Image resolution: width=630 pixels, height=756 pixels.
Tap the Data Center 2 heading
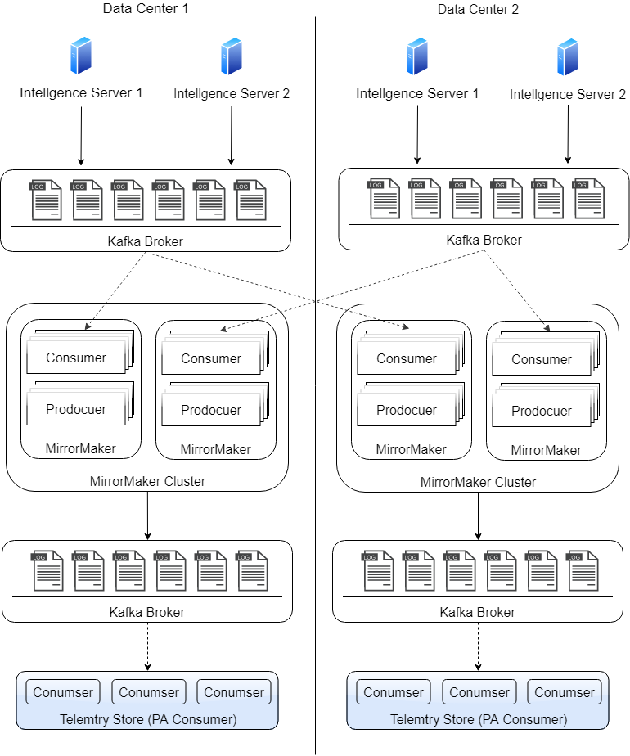click(478, 9)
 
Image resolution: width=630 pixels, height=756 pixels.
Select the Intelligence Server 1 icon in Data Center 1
click(81, 56)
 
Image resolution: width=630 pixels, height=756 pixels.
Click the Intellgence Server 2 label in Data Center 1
click(232, 94)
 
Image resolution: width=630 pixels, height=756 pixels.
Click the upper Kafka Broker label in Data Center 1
click(146, 241)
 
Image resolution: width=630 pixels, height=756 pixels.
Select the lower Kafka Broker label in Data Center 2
click(478, 612)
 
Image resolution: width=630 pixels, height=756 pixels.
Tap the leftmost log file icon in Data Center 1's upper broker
click(47, 200)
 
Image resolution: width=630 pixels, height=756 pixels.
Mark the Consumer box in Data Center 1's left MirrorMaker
click(76, 358)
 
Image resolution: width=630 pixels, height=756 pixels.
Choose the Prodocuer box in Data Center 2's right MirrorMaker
click(541, 411)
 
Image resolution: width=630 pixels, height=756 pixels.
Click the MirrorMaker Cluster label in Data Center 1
click(147, 481)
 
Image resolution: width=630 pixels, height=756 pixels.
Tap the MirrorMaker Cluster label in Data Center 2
click(478, 482)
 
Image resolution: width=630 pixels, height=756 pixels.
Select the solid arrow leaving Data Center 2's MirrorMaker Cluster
click(478, 515)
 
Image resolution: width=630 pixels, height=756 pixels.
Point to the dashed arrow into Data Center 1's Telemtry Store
click(147, 646)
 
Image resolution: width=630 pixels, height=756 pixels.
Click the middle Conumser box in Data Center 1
click(149, 692)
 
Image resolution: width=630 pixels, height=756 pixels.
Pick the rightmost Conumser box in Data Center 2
click(565, 692)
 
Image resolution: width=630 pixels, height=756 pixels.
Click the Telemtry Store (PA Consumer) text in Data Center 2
click(478, 719)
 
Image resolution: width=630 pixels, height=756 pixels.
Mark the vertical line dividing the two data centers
click(315, 491)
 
